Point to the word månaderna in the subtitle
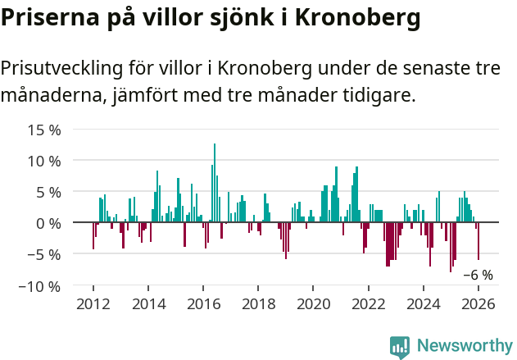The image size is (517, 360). coord(52,96)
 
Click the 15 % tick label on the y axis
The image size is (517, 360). coord(44,130)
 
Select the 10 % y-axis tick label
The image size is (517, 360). coord(44,161)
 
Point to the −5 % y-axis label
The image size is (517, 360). coord(44,254)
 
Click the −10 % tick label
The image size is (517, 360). coord(40,286)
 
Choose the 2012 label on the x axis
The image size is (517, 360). coord(93,303)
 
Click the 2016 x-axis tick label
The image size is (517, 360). coord(203,303)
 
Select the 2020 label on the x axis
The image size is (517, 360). coord(313,303)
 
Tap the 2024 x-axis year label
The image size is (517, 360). coord(424,303)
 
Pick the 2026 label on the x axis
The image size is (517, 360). coord(478,303)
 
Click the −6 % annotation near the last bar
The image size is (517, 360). coord(478,276)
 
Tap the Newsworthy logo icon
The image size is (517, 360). coord(400,346)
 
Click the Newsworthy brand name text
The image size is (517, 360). coord(464,346)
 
